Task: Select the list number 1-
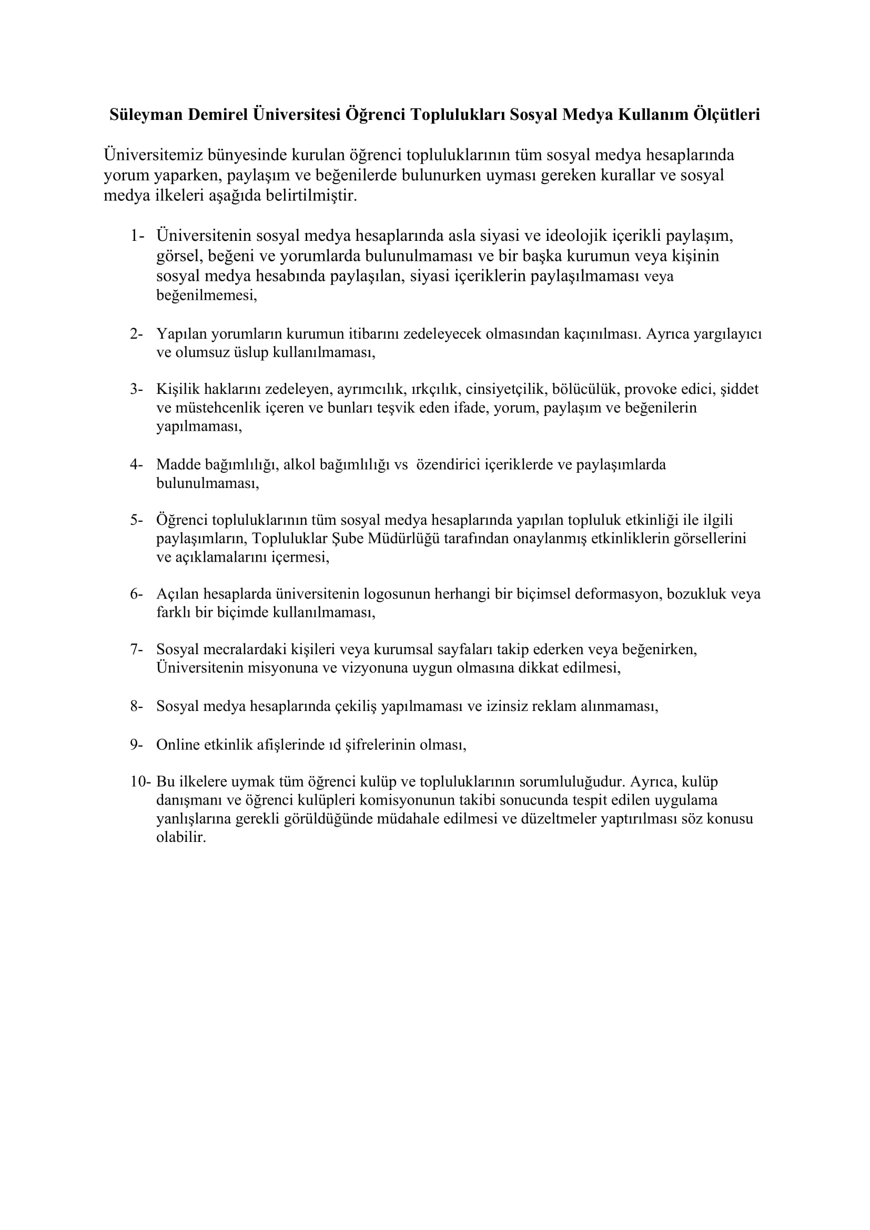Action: pos(137,236)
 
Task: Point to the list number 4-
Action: pos(136,464)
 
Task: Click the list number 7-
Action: pos(136,649)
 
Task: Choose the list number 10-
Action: pos(140,781)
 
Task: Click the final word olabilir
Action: pos(181,837)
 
